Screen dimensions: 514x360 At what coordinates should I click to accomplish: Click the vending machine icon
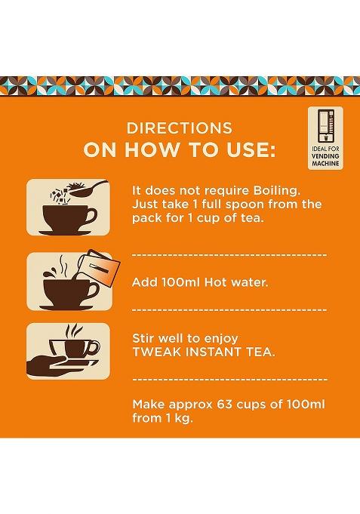(327, 132)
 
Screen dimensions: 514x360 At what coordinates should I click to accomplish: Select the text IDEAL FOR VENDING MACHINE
(327, 162)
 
